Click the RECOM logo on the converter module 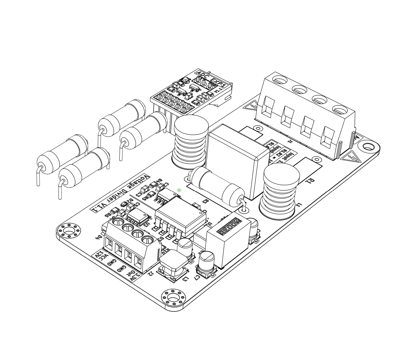point(229,227)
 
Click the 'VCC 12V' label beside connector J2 point(102,256)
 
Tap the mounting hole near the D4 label point(69,230)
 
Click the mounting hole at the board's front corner point(174,297)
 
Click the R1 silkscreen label point(310,182)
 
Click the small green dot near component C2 point(179,190)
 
